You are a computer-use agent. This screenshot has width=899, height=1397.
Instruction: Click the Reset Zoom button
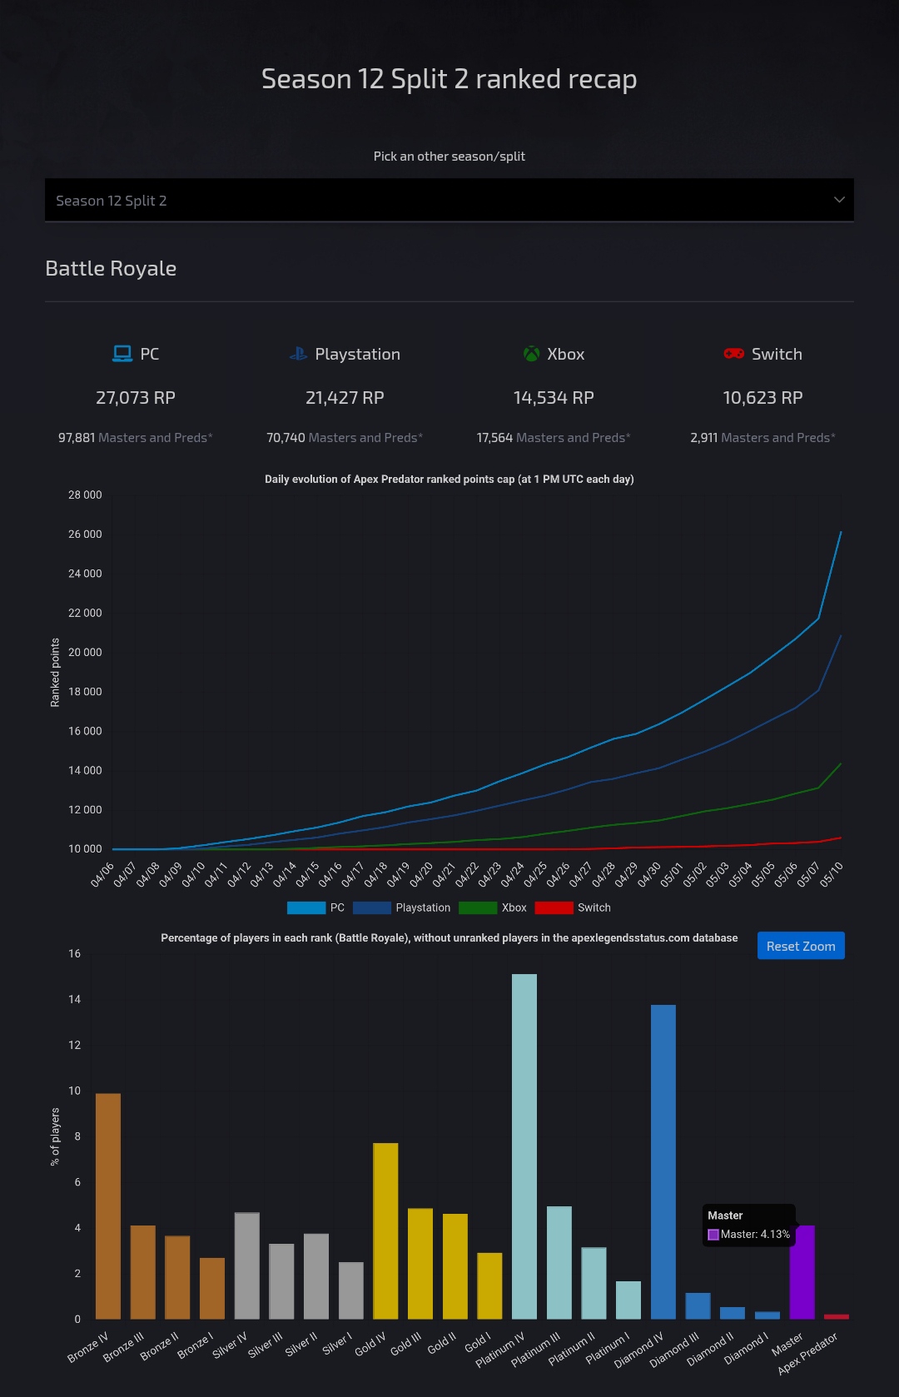(x=800, y=946)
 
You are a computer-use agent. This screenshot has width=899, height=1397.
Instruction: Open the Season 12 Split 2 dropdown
(x=449, y=200)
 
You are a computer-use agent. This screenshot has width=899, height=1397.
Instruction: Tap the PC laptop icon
(x=122, y=354)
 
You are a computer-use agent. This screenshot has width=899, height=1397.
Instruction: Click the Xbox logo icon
(x=531, y=354)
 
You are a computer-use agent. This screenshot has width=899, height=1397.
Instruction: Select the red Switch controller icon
(x=733, y=354)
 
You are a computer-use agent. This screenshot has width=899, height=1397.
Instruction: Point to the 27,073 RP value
(x=136, y=398)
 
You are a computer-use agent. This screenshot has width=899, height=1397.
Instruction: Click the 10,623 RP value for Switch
(x=762, y=398)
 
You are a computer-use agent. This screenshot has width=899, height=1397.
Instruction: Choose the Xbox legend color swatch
(x=478, y=907)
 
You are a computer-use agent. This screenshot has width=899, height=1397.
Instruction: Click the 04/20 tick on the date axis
(x=422, y=874)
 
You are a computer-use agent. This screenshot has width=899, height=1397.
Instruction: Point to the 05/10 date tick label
(x=832, y=874)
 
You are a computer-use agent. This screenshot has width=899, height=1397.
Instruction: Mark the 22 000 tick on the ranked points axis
(x=85, y=613)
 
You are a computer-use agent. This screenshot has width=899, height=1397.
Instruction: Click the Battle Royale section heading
(x=111, y=268)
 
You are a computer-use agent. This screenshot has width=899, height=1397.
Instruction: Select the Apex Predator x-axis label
(x=807, y=1353)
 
